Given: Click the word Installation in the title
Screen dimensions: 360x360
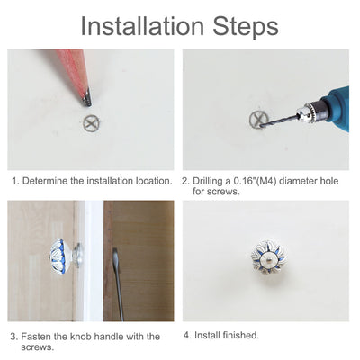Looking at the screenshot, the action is [x=142, y=26].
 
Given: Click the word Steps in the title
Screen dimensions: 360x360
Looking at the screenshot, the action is [x=246, y=27].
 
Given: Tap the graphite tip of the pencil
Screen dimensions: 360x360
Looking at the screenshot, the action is [x=87, y=98].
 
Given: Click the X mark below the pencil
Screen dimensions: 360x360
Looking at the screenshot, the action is [x=91, y=122].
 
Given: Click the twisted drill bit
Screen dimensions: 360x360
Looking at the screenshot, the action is [x=277, y=121].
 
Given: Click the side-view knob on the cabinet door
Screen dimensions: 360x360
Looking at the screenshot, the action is [x=65, y=253].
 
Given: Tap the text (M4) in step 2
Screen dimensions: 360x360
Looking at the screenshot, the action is [x=266, y=181].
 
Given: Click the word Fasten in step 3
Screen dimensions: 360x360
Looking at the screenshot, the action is [x=36, y=337].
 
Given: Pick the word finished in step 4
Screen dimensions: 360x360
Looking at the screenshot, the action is [x=241, y=335].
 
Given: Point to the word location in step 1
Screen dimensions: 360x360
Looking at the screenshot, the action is [x=154, y=181].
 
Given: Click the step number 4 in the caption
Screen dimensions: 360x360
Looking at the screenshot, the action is [x=187, y=335].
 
